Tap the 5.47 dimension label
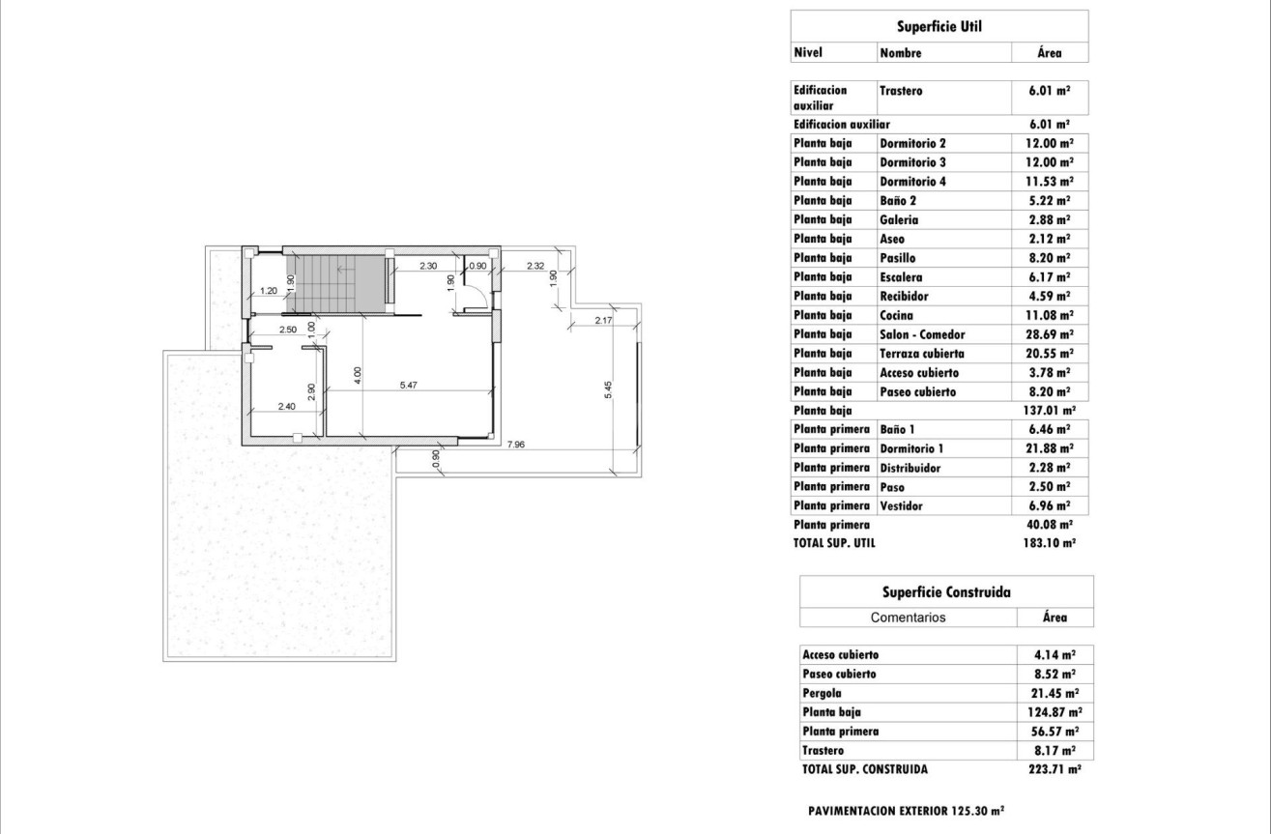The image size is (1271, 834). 411,385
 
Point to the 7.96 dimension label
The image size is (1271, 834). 516,446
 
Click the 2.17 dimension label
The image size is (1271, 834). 604,320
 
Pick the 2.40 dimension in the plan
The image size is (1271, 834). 286,406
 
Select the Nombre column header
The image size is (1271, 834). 901,53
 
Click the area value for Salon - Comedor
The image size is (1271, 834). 1050,334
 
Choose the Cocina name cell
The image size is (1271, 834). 897,315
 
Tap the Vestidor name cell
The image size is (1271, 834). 900,505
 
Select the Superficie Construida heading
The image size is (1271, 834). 946,591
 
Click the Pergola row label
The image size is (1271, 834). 823,693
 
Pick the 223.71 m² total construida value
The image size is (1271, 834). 1054,770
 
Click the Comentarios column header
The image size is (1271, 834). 908,618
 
